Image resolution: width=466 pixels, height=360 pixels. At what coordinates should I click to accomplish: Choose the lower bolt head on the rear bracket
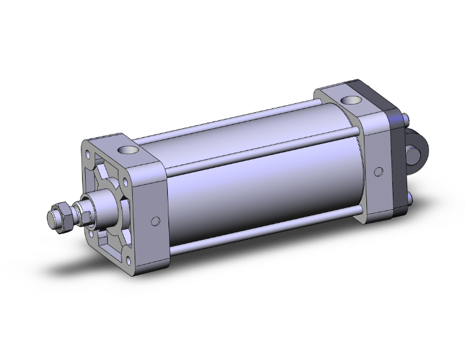pyautogui.click(x=410, y=200)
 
